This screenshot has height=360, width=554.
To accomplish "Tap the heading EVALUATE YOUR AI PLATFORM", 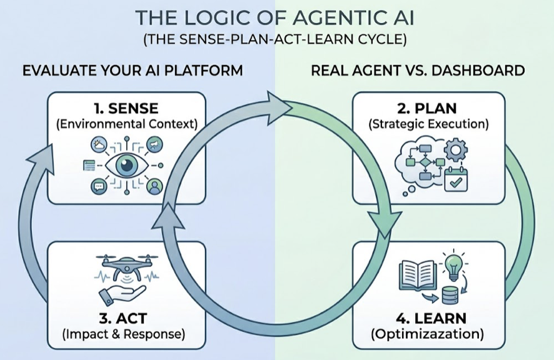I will (x=133, y=70).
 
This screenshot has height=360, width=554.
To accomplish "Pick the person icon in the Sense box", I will (x=154, y=186).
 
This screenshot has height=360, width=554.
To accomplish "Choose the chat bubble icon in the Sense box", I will (x=98, y=186).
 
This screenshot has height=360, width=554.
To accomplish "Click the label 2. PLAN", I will (x=428, y=107).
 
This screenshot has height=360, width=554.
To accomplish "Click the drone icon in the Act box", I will (x=126, y=267).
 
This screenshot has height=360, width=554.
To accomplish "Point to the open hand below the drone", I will (x=127, y=291).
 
